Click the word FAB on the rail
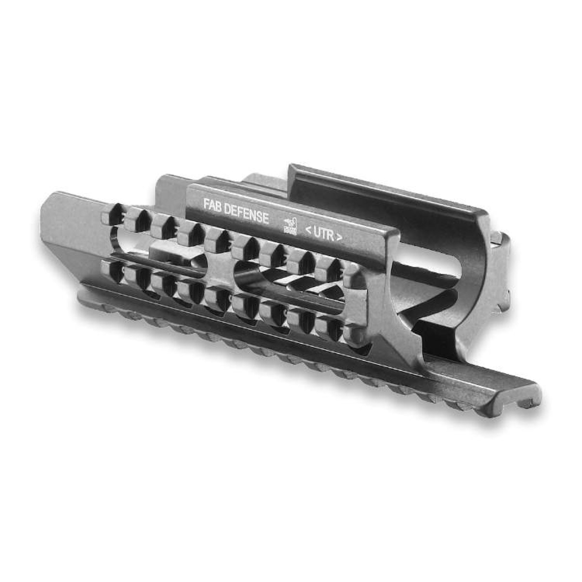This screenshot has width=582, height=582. click(212, 206)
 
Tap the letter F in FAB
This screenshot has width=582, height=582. click(206, 205)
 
